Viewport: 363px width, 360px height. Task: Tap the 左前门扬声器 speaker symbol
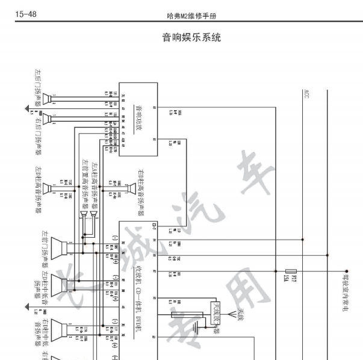pos(58,246)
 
